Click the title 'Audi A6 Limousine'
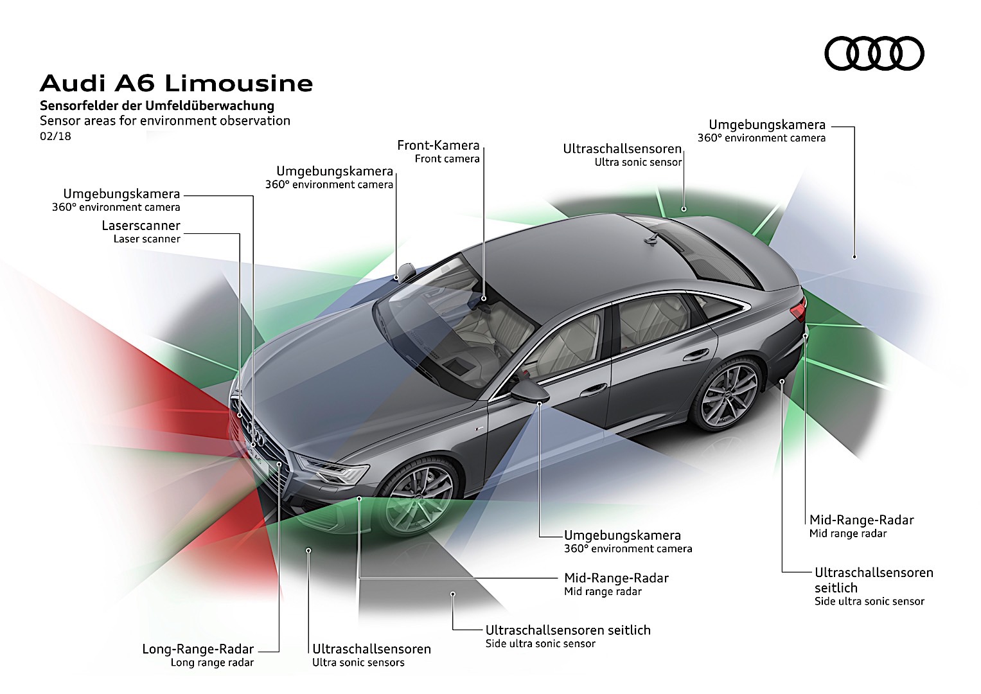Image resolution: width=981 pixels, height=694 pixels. click(176, 84)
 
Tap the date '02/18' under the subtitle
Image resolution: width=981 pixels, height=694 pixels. click(55, 136)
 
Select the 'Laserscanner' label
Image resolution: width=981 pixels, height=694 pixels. click(141, 226)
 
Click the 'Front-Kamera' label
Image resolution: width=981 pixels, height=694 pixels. click(438, 146)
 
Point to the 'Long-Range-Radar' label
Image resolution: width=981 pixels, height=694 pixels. click(198, 649)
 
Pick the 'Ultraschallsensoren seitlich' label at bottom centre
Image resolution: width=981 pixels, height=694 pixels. click(568, 630)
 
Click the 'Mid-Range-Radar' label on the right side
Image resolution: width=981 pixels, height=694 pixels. click(861, 520)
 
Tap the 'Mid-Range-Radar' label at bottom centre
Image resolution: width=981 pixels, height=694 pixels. click(616, 578)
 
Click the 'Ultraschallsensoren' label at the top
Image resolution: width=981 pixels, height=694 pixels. click(622, 149)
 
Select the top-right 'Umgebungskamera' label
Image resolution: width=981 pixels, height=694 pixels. click(766, 125)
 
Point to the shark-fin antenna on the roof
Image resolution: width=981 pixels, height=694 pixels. click(653, 239)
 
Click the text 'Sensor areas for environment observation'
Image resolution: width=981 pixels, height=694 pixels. click(165, 121)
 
